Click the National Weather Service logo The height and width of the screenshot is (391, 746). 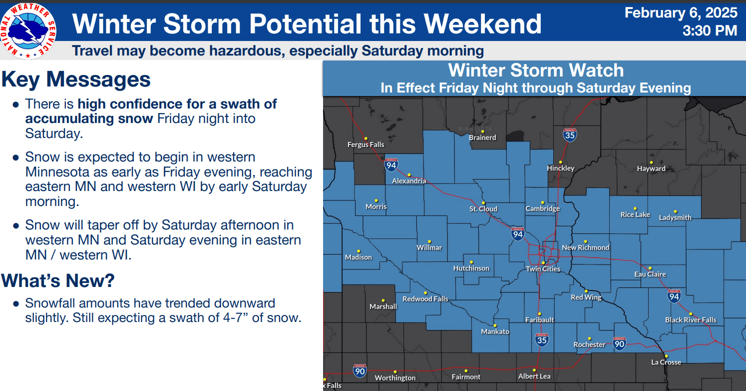(x=28, y=31)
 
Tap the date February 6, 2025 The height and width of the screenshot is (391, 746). (x=681, y=13)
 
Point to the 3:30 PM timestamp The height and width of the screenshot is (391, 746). (x=710, y=30)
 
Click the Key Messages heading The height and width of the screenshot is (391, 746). (x=76, y=79)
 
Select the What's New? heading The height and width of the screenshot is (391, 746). (x=58, y=280)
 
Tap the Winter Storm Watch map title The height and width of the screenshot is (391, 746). (x=536, y=70)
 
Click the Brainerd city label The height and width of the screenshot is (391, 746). (x=482, y=137)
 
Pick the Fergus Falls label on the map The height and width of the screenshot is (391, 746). (x=366, y=144)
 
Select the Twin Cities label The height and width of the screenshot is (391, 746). (x=543, y=269)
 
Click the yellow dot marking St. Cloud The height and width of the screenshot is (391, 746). (x=483, y=203)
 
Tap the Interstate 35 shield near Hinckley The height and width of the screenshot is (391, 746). (x=570, y=135)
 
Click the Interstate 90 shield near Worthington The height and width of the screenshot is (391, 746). (x=360, y=371)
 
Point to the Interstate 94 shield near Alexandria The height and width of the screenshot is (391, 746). (x=391, y=165)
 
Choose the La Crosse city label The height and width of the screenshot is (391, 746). (x=666, y=362)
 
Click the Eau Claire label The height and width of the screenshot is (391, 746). (x=650, y=274)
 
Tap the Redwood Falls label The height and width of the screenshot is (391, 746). (x=425, y=299)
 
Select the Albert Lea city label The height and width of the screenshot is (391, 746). (x=534, y=376)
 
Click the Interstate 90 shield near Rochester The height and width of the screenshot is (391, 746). (x=619, y=344)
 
